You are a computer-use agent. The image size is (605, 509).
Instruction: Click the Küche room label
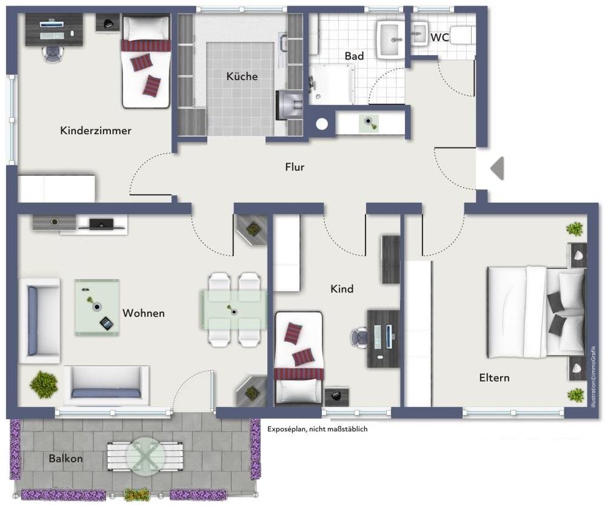click(242, 76)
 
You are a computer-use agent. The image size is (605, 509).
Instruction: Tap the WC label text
click(440, 38)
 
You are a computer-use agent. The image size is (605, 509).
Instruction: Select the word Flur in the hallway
click(295, 167)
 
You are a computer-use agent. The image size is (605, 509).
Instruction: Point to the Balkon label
click(65, 459)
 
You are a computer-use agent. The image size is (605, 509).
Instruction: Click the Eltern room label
click(494, 378)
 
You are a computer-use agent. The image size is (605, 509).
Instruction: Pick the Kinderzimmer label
click(96, 130)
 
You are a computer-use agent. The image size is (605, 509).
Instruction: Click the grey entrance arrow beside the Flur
click(497, 168)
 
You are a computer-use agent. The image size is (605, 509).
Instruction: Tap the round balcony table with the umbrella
click(145, 455)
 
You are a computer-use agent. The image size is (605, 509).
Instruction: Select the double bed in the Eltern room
click(536, 312)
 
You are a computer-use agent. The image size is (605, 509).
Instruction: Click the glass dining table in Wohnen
click(233, 310)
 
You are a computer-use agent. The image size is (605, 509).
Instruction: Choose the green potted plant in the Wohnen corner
click(44, 385)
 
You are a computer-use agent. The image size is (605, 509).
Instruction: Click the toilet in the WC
click(464, 36)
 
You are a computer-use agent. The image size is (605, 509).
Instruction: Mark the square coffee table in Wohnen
click(97, 307)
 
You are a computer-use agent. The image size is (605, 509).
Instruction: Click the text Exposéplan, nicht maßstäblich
click(317, 429)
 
